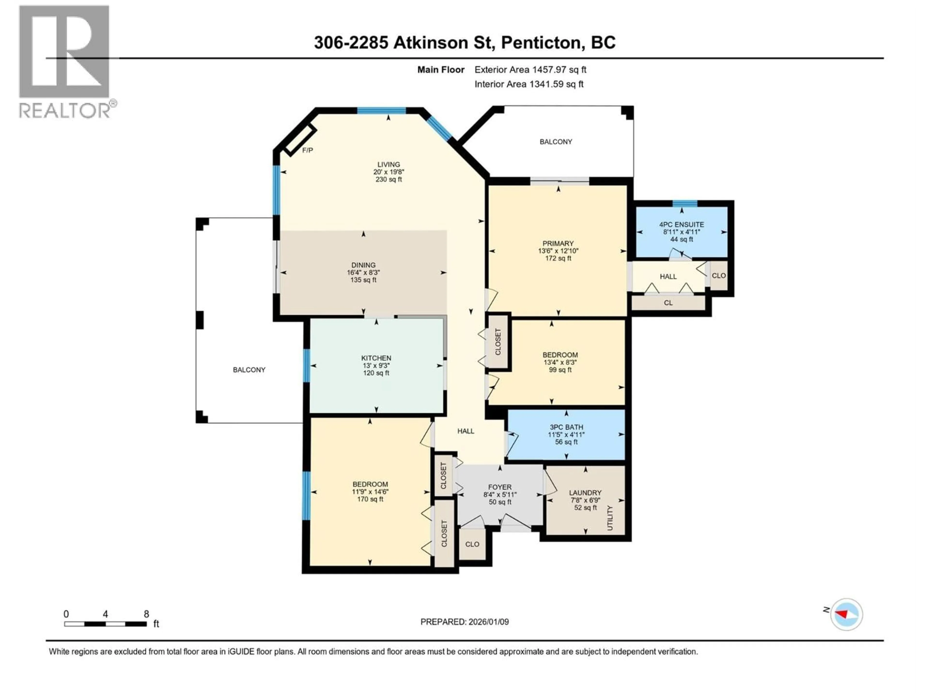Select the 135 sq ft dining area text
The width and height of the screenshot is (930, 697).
[x=363, y=280]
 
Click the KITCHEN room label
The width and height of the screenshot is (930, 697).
[x=376, y=358]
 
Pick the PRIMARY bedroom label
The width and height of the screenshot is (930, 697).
[x=558, y=243]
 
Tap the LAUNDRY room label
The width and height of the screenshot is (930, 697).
[x=585, y=492]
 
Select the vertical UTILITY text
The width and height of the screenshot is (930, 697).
[x=610, y=518]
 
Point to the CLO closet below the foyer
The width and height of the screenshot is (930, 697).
[x=472, y=544]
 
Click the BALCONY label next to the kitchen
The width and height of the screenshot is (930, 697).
[x=249, y=370]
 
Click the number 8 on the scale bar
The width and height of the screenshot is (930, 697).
[x=146, y=614]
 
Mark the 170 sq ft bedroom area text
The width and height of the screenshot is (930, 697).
[x=370, y=499]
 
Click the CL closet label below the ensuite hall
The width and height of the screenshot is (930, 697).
[x=668, y=303]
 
